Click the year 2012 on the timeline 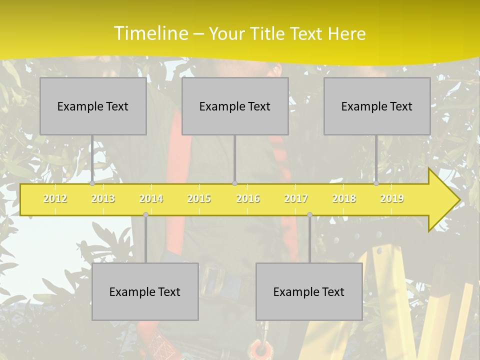tap(55, 198)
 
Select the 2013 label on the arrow tap(103, 198)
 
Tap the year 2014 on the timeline tap(151, 198)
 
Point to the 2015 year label tap(199, 198)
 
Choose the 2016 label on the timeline tap(248, 198)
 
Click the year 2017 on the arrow tap(296, 198)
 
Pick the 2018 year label tap(344, 198)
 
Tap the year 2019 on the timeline tap(392, 198)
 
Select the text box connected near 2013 tap(93, 106)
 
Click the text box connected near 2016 tap(235, 106)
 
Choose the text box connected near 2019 tap(377, 106)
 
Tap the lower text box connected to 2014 tap(145, 291)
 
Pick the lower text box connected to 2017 tap(309, 291)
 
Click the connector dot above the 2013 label tap(92, 183)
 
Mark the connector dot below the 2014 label tap(145, 214)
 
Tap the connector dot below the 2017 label tap(309, 214)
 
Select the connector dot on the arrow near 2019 tap(376, 183)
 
